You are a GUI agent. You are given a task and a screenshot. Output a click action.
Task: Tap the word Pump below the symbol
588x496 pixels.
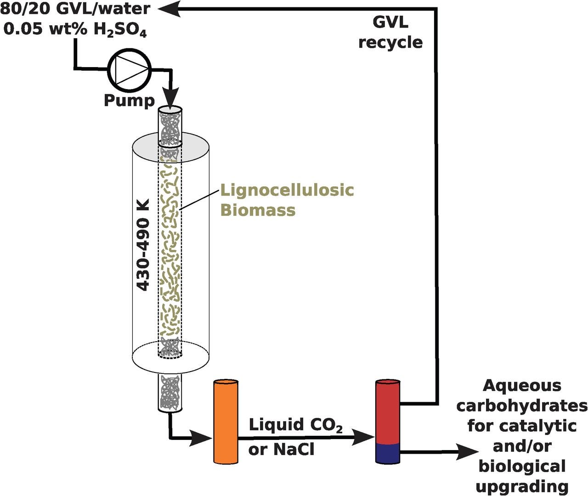(x=129, y=100)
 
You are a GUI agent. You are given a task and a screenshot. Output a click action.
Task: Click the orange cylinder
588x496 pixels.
(x=226, y=421)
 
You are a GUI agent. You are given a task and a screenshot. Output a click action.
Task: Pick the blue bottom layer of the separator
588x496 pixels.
(x=388, y=454)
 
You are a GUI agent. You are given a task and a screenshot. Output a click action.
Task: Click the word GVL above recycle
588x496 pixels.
(x=390, y=22)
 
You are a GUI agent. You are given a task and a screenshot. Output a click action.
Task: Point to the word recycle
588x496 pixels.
(x=390, y=42)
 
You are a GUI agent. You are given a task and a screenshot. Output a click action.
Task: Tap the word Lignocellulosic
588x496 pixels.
(x=287, y=190)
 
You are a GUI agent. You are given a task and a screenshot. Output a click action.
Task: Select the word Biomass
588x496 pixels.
(x=258, y=210)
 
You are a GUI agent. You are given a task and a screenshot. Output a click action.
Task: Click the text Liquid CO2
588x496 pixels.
(x=295, y=425)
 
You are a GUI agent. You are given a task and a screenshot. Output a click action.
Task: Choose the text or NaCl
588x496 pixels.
(x=281, y=449)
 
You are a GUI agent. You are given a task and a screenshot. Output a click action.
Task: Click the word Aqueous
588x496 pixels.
(x=522, y=386)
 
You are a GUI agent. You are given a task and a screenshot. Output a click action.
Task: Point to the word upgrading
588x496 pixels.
(x=522, y=486)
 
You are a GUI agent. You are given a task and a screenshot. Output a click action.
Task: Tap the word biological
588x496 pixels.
(x=522, y=466)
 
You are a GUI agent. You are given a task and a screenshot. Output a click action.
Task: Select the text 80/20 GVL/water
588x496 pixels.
(x=75, y=8)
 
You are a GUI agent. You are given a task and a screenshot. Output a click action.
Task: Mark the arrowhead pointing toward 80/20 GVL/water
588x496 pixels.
(x=166, y=8)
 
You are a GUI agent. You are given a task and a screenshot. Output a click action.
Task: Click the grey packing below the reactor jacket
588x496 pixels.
(x=170, y=393)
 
